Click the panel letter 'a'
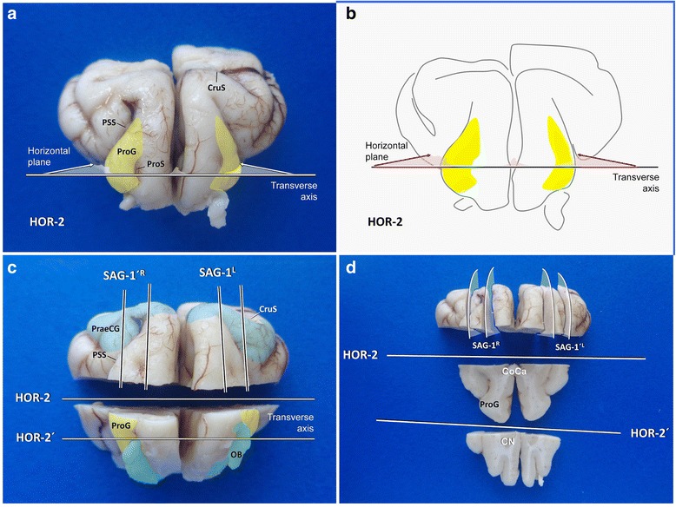[13, 16]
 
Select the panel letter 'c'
[13, 270]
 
